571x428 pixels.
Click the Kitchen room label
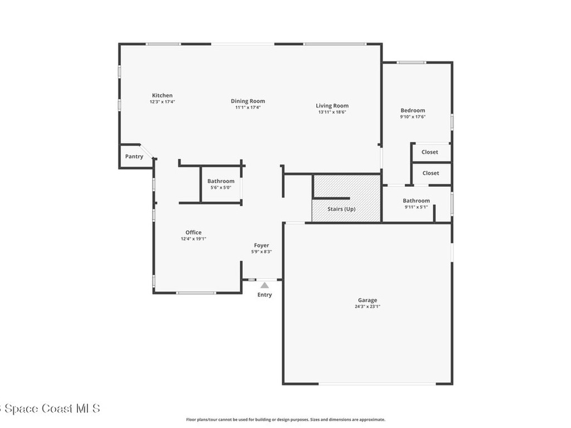click(162, 95)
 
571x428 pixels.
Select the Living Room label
click(332, 105)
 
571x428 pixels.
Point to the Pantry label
click(134, 157)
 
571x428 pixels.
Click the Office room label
click(193, 232)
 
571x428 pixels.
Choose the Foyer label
click(262, 245)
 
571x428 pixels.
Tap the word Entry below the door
click(264, 295)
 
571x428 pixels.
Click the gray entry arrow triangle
click(264, 285)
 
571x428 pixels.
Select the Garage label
click(367, 300)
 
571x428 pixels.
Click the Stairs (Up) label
click(341, 210)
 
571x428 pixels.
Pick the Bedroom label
click(413, 110)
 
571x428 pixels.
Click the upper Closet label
click(429, 152)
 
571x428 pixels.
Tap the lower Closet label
click(430, 173)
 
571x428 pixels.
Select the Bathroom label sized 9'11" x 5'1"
click(416, 201)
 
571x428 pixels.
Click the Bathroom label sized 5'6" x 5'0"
click(221, 181)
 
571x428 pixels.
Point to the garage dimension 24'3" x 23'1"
click(367, 306)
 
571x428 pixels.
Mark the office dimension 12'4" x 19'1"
click(193, 239)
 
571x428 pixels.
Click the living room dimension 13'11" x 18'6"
click(332, 112)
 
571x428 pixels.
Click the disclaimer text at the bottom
click(285, 420)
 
